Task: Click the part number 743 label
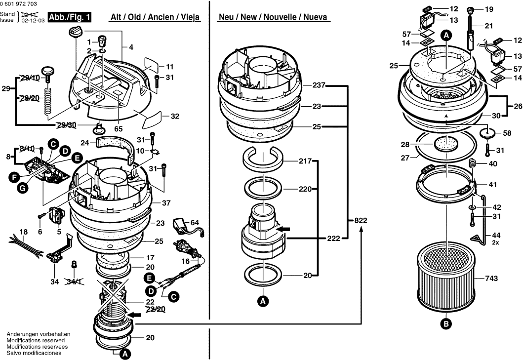coord(491,279)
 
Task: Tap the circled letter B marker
coord(446,324)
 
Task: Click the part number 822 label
coord(361,221)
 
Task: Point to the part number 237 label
coord(319,85)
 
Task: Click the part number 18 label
coord(23,232)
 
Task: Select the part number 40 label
coord(493,164)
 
